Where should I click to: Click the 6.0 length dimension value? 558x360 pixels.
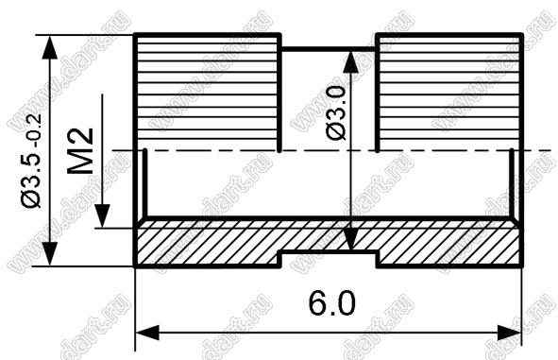(x=332, y=303)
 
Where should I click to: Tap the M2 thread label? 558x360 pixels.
(x=80, y=151)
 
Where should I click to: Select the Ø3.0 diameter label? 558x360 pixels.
(x=335, y=113)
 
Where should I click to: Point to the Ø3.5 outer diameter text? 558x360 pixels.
(x=31, y=177)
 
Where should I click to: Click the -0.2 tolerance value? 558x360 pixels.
(x=36, y=129)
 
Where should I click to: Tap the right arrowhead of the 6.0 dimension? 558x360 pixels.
(x=509, y=334)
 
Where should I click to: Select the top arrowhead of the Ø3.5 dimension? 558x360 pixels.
(x=50, y=47)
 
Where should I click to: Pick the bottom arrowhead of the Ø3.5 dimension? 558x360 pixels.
(x=50, y=253)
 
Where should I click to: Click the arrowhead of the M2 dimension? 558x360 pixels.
(x=103, y=215)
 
